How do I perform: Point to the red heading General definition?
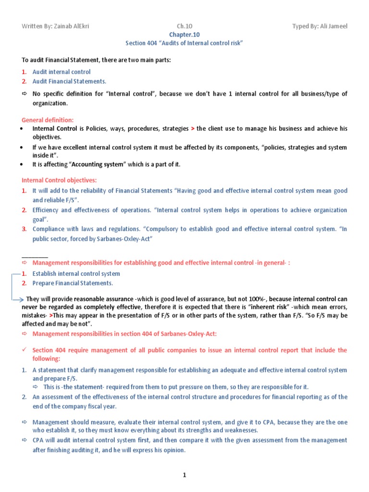coord(48,120)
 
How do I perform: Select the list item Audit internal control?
coord(61,72)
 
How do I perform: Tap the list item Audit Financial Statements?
coord(69,81)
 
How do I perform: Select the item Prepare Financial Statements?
coord(67,283)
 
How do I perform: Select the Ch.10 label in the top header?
coord(184,26)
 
